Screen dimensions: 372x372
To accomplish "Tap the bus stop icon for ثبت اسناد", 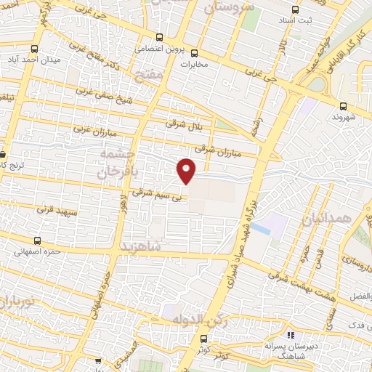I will click(294, 10).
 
